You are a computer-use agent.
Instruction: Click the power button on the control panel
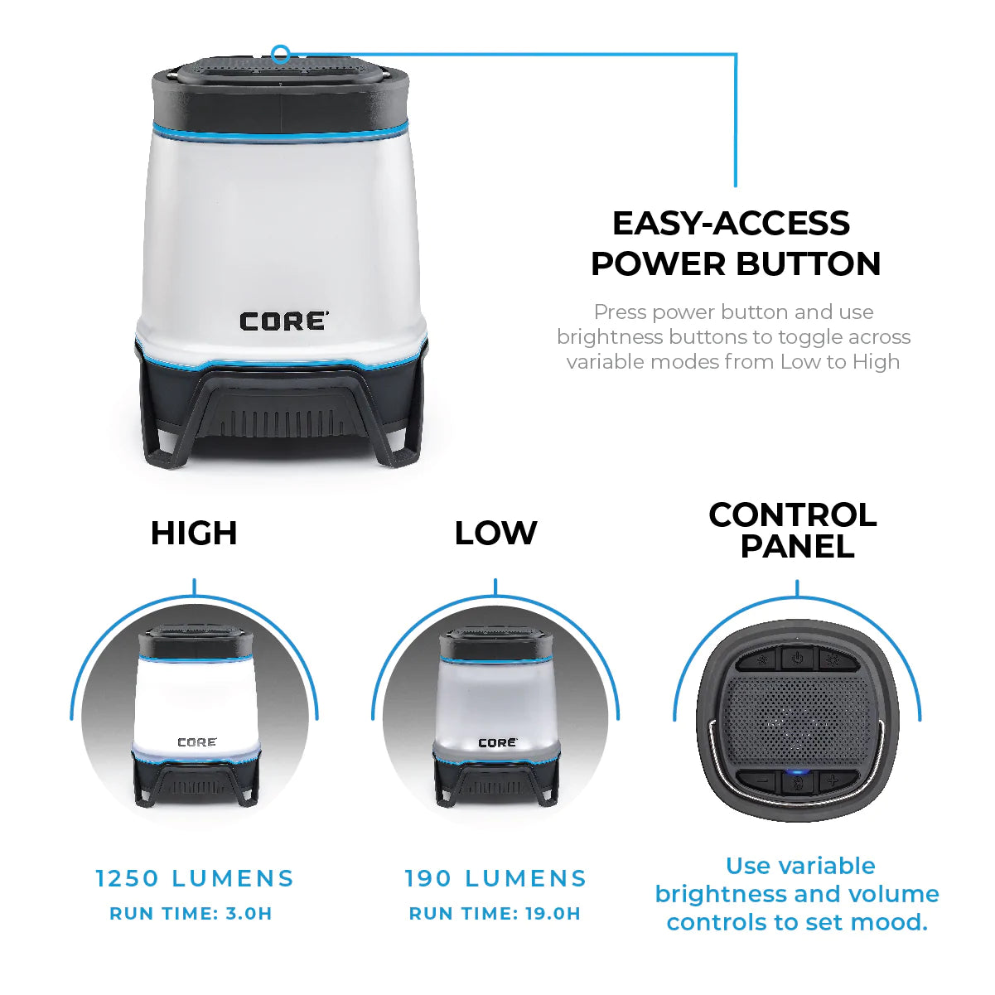(797, 659)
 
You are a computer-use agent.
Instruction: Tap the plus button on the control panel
(832, 780)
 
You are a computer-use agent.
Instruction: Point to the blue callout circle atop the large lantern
(281, 56)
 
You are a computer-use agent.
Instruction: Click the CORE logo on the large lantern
(283, 321)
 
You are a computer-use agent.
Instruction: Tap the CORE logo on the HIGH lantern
(197, 742)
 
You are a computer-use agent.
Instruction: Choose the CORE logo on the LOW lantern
(497, 742)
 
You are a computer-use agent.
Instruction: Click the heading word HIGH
(194, 534)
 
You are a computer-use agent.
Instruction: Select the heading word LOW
(495, 534)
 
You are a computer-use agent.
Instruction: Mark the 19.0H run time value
(553, 914)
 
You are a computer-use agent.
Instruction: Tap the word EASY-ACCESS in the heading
(731, 224)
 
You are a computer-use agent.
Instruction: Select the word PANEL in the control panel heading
(797, 547)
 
